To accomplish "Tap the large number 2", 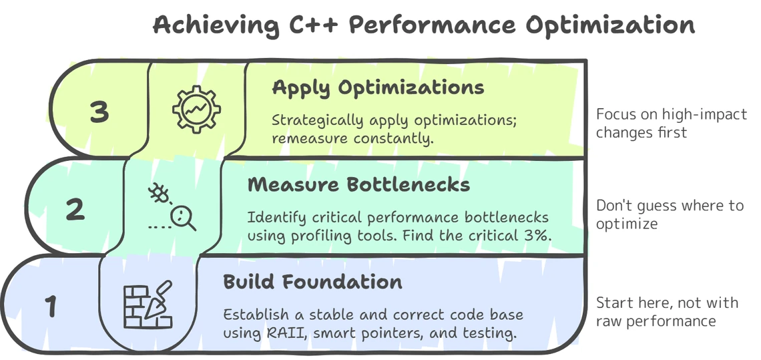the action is click(x=75, y=210).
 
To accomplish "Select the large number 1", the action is click(x=51, y=307).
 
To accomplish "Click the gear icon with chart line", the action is click(x=196, y=110).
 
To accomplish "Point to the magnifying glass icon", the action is click(x=184, y=218).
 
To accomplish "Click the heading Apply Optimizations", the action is click(x=378, y=88).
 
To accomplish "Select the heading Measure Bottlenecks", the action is click(x=358, y=184).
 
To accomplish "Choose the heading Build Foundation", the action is click(x=312, y=282).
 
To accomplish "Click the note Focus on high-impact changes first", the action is click(x=671, y=124).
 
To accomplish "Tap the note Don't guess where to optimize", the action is click(x=670, y=214).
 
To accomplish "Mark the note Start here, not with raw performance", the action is click(x=668, y=311).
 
